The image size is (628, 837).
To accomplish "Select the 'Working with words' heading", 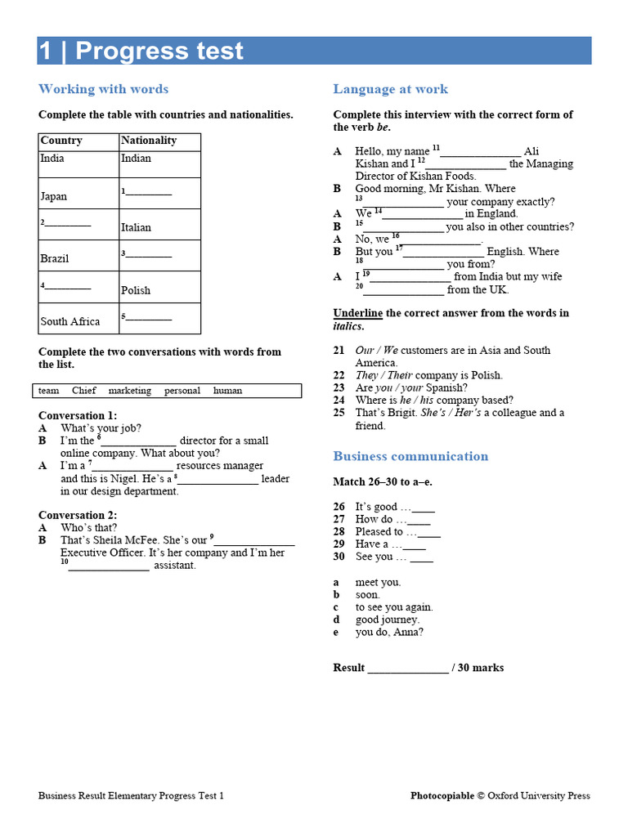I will (x=103, y=89).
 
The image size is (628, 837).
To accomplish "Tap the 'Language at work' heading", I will (x=390, y=89).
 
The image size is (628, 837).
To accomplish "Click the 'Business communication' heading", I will (x=410, y=456).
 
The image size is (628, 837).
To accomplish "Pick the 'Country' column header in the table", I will (x=61, y=141).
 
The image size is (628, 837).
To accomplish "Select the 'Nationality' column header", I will (x=148, y=141).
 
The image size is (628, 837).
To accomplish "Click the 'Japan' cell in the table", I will (x=54, y=196).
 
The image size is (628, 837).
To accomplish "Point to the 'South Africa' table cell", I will (x=70, y=321).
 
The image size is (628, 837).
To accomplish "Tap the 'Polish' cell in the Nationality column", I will (x=136, y=290).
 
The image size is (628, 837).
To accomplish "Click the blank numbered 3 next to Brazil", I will (x=149, y=255).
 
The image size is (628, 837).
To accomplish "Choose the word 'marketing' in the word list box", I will (x=129, y=391).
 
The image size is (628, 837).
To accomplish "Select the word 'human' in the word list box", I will (x=227, y=391).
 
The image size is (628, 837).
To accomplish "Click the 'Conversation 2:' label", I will (x=78, y=515).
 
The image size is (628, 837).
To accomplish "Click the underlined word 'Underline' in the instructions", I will (x=357, y=313).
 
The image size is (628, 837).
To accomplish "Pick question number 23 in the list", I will (x=339, y=387).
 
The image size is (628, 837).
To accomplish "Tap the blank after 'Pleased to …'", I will (x=428, y=533).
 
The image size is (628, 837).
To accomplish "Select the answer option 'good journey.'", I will (x=387, y=620).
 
